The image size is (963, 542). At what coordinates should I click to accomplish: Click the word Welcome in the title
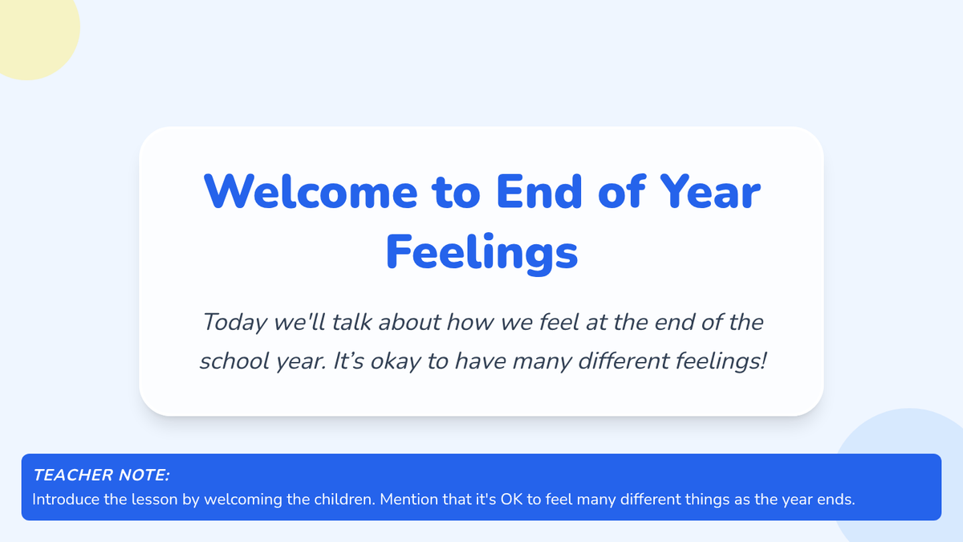tap(311, 192)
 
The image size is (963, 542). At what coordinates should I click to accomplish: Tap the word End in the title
tap(539, 191)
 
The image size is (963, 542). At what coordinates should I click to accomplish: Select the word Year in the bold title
tap(709, 192)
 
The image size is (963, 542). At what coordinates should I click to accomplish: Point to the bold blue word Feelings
tap(481, 253)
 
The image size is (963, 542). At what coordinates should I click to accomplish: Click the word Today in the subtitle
tap(234, 323)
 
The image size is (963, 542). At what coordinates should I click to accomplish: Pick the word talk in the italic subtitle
tap(351, 322)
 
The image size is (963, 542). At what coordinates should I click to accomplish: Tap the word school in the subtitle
tap(234, 361)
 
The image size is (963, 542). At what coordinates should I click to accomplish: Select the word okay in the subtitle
tap(396, 361)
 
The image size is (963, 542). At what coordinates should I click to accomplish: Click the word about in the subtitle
tap(409, 322)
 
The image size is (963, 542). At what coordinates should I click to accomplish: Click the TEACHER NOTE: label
tap(101, 475)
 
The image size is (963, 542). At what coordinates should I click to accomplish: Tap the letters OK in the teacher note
tap(511, 499)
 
